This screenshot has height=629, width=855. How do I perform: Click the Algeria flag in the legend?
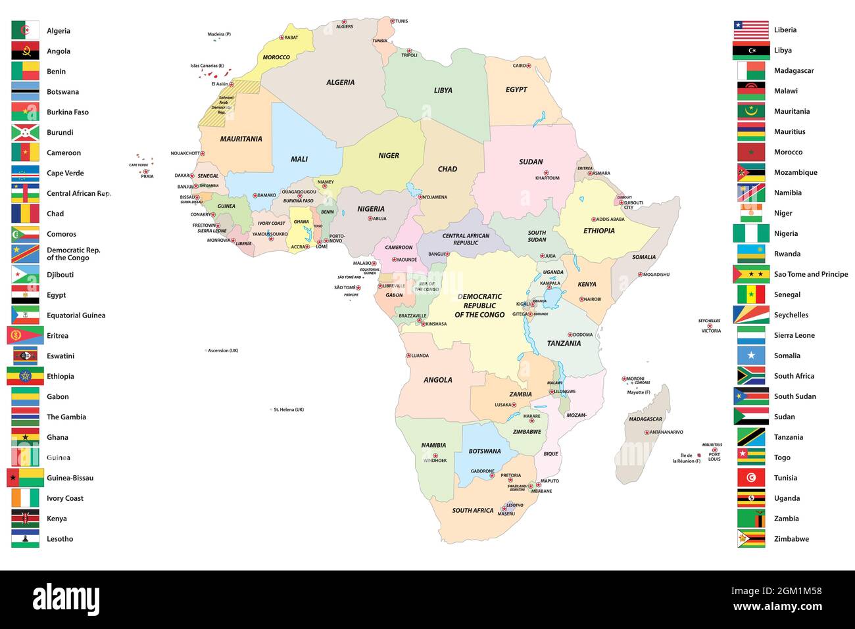tap(25, 31)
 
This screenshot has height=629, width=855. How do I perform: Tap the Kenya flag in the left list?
tap(25, 519)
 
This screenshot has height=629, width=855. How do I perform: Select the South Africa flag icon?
tap(751, 376)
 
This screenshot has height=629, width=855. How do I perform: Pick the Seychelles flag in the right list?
tap(751, 315)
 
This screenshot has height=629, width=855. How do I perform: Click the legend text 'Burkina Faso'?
tap(67, 112)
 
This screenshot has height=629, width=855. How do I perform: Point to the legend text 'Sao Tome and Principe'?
tap(810, 274)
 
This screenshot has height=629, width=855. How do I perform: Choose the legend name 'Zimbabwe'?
tap(791, 539)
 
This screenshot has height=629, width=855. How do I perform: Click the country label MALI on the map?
tap(299, 159)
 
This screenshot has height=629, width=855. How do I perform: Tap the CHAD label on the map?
tap(447, 169)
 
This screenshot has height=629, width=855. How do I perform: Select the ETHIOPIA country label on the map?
tap(598, 231)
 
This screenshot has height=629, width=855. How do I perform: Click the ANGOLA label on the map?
tap(437, 380)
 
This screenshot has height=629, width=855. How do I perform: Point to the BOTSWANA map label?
tap(485, 452)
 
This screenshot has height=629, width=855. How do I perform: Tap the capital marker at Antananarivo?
tap(647, 432)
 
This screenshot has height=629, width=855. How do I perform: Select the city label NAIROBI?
tap(592, 300)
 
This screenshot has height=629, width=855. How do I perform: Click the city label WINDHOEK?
tap(435, 461)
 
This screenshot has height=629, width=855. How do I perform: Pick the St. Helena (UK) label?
tap(289, 409)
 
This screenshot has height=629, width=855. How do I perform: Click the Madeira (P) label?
tap(219, 34)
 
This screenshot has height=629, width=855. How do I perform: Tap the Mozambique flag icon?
tap(751, 172)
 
